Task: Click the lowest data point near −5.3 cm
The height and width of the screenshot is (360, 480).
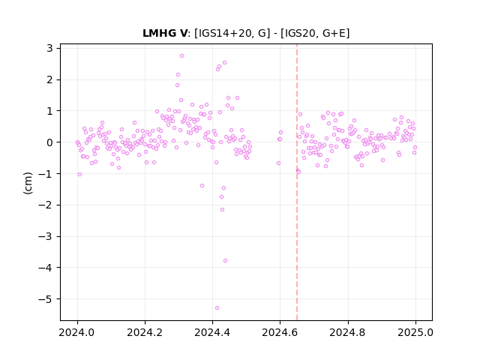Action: pyautogui.click(x=217, y=307)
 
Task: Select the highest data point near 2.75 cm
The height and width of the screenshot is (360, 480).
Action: pyautogui.click(x=181, y=55)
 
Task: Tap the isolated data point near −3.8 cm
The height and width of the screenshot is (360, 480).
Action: pyautogui.click(x=225, y=260)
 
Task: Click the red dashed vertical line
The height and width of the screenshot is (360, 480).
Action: pyautogui.click(x=297, y=182)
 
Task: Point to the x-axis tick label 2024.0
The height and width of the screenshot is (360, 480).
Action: pyautogui.click(x=77, y=332)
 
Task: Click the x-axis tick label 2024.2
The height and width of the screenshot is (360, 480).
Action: pyautogui.click(x=145, y=332)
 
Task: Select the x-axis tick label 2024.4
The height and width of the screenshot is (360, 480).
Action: pyautogui.click(x=212, y=332)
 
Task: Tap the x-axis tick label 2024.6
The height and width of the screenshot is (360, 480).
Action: pyautogui.click(x=280, y=332)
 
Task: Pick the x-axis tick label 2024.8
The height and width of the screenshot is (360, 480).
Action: pyautogui.click(x=348, y=332)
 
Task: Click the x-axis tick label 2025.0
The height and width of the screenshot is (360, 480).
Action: pyautogui.click(x=415, y=332)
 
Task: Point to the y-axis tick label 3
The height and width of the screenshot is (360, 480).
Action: pyautogui.click(x=49, y=48)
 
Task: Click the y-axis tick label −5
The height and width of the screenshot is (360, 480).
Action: pyautogui.click(x=45, y=299)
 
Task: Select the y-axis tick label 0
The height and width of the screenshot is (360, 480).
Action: pyautogui.click(x=49, y=142)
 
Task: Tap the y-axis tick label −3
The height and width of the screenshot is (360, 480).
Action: pyautogui.click(x=45, y=236)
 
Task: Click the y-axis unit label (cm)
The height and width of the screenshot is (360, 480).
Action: pyautogui.click(x=28, y=183)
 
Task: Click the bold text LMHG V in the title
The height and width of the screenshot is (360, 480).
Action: pyautogui.click(x=165, y=33)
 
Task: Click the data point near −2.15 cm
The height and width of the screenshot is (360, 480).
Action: pyautogui.click(x=222, y=210)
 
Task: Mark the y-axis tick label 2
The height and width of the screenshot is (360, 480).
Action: pyautogui.click(x=49, y=79)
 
